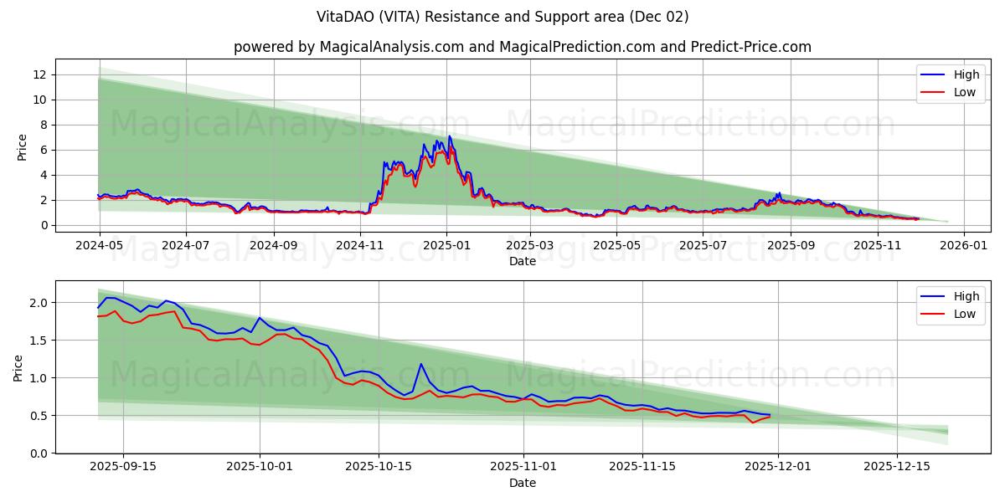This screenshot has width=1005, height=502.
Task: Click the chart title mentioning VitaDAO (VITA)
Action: [x=502, y=17]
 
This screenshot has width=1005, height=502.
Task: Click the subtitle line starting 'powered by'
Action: [x=522, y=47]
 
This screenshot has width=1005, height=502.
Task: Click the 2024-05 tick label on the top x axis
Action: [x=100, y=245]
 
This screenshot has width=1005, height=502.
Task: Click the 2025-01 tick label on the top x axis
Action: [x=446, y=245]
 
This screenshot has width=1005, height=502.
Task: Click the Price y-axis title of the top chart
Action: [x=23, y=147]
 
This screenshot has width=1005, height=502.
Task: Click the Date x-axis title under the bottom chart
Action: [x=522, y=483]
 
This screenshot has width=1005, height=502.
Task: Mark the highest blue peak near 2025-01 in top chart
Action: [x=450, y=136]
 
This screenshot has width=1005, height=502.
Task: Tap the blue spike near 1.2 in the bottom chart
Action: [x=421, y=364]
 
